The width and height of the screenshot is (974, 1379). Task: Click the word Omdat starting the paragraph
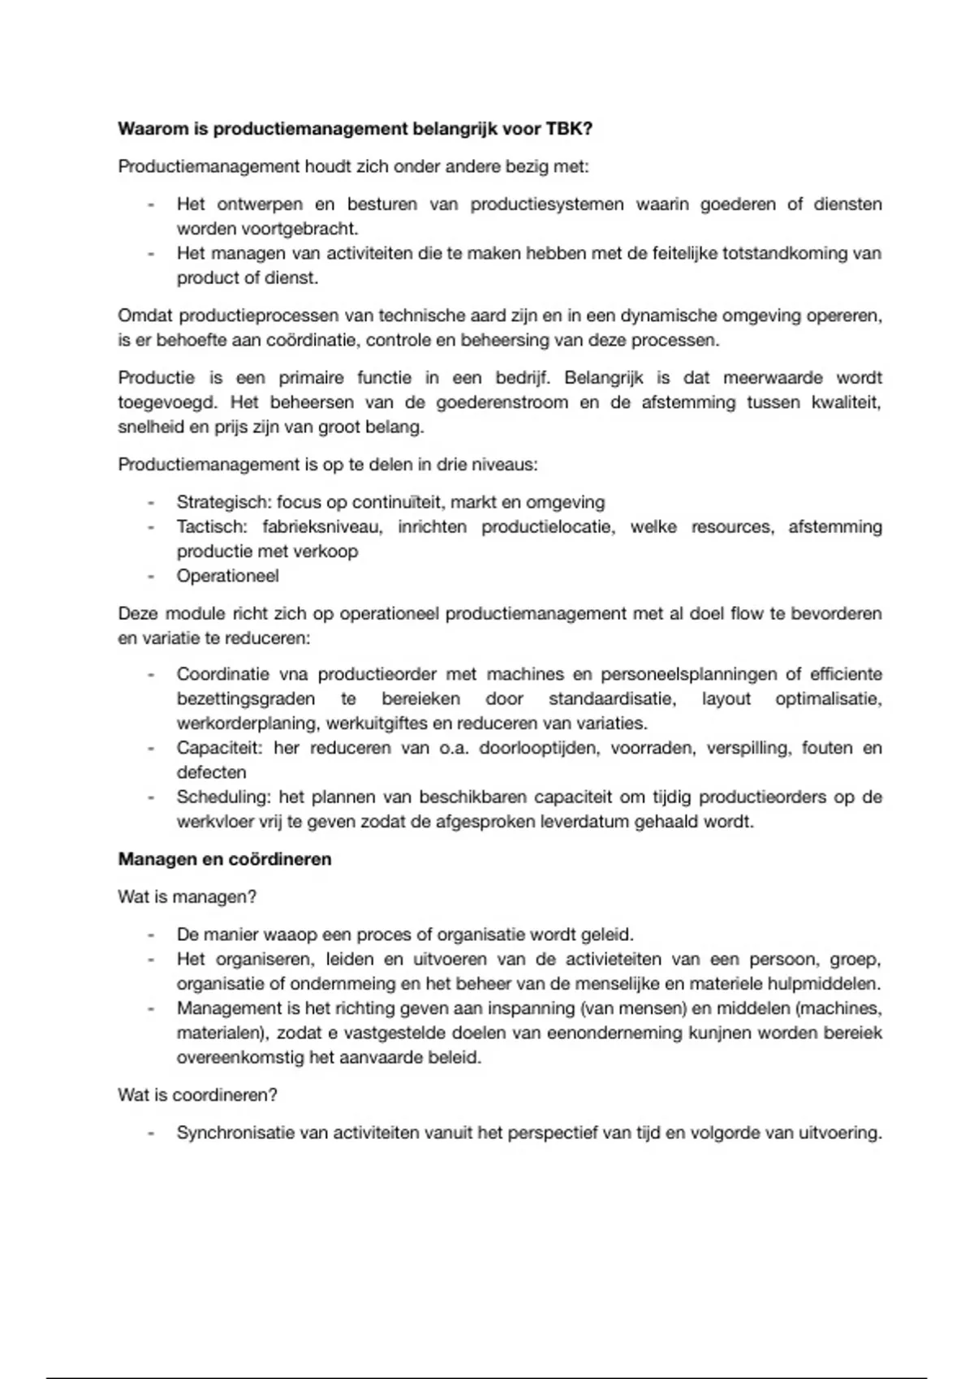(x=145, y=316)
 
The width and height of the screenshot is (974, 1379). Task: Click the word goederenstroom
(x=502, y=402)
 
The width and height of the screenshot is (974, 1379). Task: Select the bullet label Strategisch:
(x=224, y=502)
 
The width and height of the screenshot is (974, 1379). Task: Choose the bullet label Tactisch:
(x=211, y=526)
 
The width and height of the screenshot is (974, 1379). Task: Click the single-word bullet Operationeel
(x=227, y=576)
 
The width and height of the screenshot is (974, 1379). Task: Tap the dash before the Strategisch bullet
(x=151, y=502)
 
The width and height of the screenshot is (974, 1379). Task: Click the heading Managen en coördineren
(x=225, y=859)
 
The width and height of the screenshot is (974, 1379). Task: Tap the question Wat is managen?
(x=187, y=897)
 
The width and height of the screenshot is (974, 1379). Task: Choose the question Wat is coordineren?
(x=197, y=1095)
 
